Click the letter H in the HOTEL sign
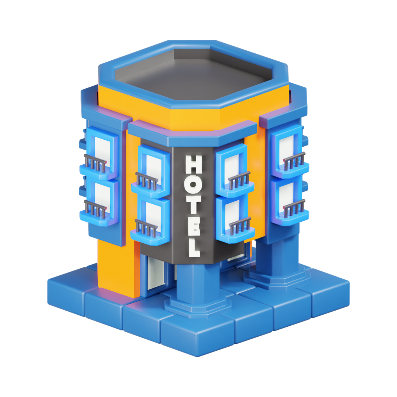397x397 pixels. (x=194, y=164)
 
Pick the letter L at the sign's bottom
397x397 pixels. (x=194, y=247)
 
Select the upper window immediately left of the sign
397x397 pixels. (x=154, y=167)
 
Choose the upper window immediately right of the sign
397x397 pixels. (x=232, y=168)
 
